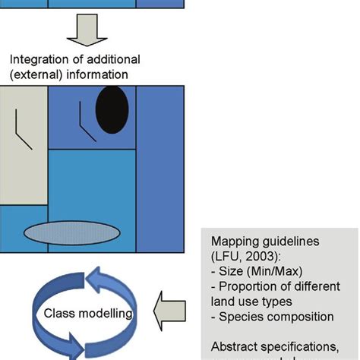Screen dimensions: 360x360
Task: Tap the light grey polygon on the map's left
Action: click(23, 144)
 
